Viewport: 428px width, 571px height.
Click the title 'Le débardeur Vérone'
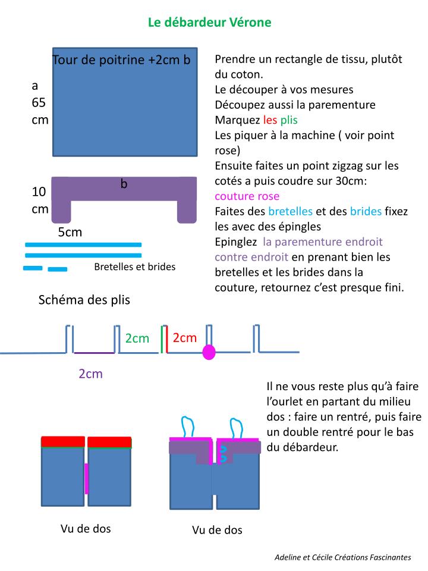coord(209,22)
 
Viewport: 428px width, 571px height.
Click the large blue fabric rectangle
coord(125,102)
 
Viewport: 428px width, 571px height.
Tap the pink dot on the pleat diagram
coord(209,352)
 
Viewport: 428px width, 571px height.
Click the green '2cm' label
coord(137,338)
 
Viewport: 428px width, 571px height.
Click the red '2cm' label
coord(184,338)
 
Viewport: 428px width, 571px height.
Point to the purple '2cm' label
coord(90,374)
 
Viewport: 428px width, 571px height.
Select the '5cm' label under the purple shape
coord(70,232)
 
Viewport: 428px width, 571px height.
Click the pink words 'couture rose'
coord(247,196)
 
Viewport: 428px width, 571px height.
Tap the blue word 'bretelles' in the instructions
coord(291,211)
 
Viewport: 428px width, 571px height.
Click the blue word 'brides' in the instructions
coord(366,211)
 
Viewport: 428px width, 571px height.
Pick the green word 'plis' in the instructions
coord(289,120)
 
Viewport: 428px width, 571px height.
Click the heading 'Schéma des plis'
coord(84,300)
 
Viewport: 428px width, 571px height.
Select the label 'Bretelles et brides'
coord(135,266)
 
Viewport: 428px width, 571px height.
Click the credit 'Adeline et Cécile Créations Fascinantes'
coord(343,557)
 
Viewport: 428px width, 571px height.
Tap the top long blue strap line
coord(83,244)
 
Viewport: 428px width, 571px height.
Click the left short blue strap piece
coord(33,268)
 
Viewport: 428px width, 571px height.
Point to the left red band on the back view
coord(63,441)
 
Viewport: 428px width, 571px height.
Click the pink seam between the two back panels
coord(87,478)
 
